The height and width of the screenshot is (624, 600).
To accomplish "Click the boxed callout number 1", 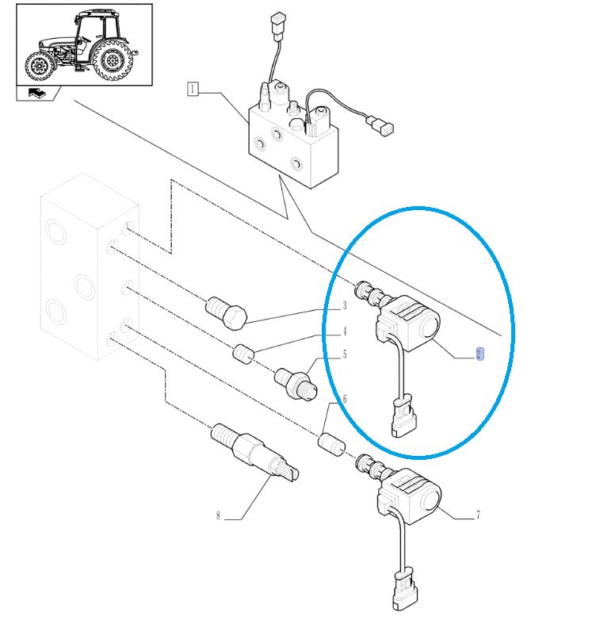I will click(193, 89).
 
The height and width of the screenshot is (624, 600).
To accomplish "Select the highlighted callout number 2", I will click(480, 354).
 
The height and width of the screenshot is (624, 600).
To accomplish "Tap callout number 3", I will click(345, 306).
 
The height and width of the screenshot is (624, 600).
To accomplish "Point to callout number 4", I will click(345, 331).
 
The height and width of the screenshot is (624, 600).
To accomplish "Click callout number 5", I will click(345, 354).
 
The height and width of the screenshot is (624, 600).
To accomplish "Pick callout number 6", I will click(344, 400).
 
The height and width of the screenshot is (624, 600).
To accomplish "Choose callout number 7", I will click(478, 516).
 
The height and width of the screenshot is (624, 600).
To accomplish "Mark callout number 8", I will click(217, 516).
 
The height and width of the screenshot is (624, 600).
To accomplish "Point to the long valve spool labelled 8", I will click(254, 455).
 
